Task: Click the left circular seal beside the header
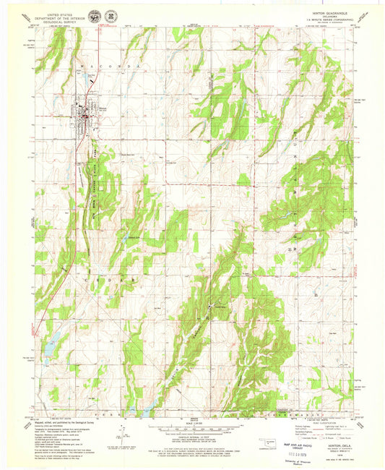(97, 14)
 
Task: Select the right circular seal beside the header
(111, 14)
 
